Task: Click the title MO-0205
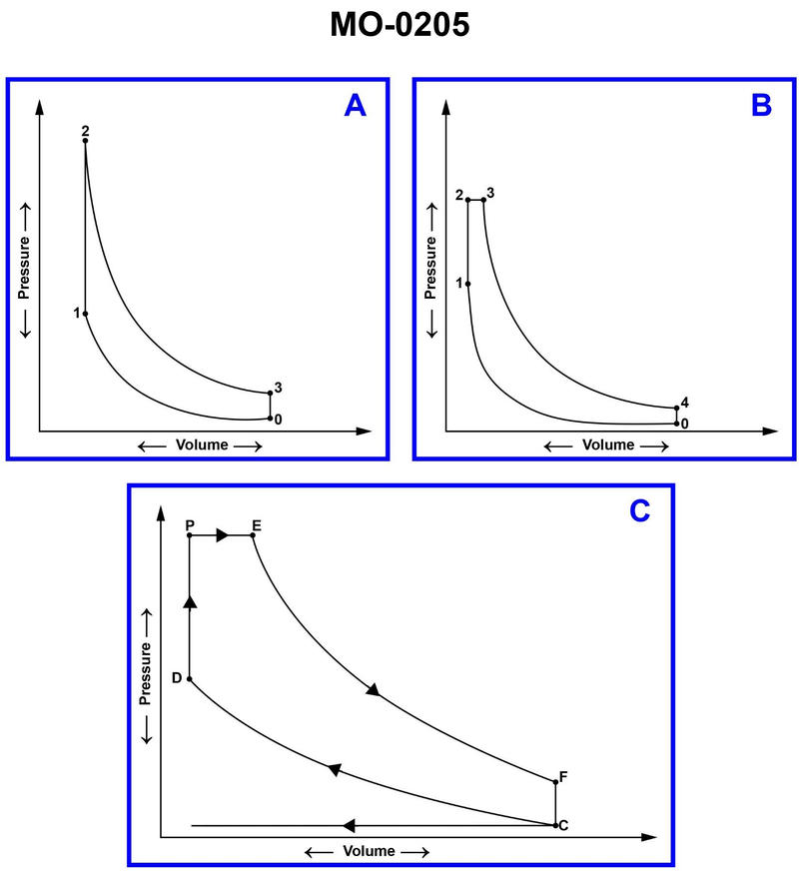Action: [399, 24]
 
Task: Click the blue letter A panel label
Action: [355, 105]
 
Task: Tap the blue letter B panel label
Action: [761, 105]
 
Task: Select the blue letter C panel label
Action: [640, 511]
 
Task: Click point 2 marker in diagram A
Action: [85, 141]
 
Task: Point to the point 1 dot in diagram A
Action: [85, 314]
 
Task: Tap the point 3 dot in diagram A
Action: [270, 394]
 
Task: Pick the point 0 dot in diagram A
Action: [270, 419]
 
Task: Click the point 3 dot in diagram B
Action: [483, 200]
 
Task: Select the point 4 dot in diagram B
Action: [676, 408]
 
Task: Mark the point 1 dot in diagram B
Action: [467, 284]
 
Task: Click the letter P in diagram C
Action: [189, 523]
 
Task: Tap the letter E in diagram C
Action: [257, 523]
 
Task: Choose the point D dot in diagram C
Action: [189, 679]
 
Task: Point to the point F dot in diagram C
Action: [554, 782]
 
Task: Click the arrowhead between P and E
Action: [224, 536]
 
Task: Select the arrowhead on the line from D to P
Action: [189, 599]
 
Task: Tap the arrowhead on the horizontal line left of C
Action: [349, 825]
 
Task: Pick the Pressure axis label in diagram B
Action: [431, 270]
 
